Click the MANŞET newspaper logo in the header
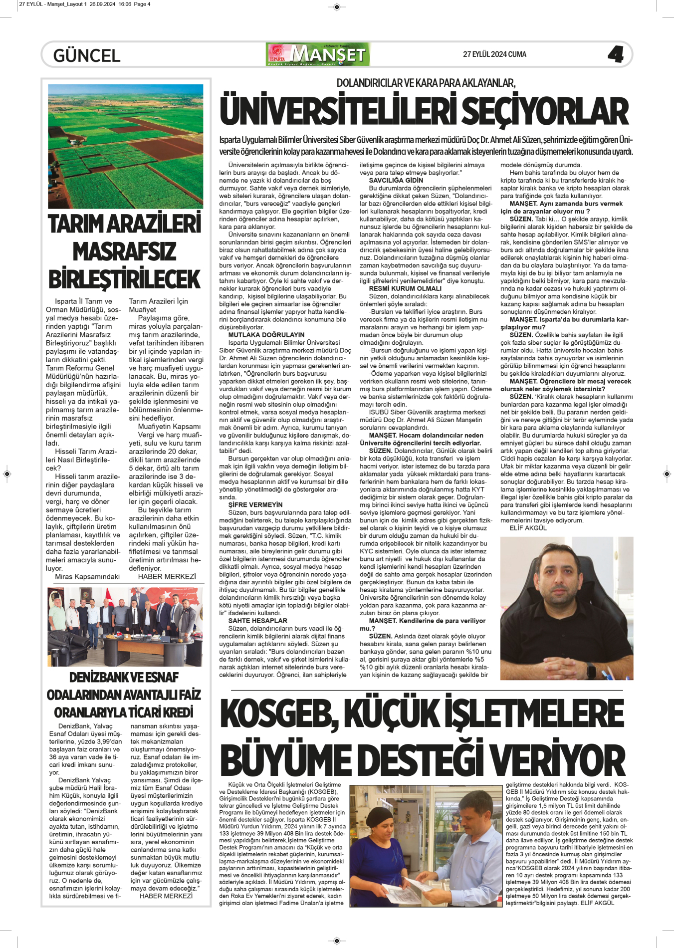(x=319, y=54)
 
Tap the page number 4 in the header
(x=616, y=54)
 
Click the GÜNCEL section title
(x=87, y=55)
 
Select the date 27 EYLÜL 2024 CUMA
(x=494, y=54)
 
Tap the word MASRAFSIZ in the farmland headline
(x=125, y=251)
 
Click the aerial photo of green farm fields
(x=125, y=146)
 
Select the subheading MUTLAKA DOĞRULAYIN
(x=266, y=335)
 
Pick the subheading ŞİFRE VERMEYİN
(x=255, y=505)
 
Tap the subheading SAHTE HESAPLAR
(x=257, y=621)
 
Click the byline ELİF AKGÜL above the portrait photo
(x=528, y=528)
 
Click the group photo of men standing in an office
(x=125, y=626)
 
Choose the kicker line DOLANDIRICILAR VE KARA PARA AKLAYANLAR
(x=426, y=83)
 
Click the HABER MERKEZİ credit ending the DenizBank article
(x=166, y=896)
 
